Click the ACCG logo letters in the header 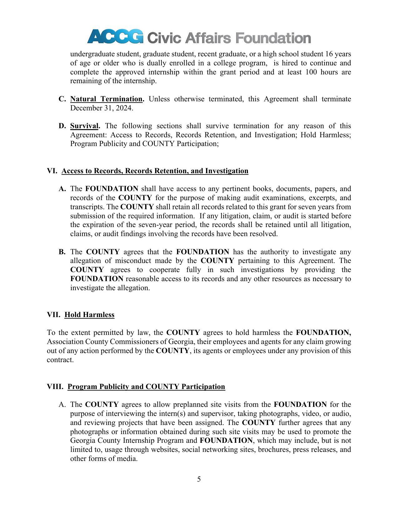pyautogui.click(x=115, y=37)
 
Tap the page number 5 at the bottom pyautogui.click(x=199, y=479)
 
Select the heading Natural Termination pyautogui.click(x=106, y=99)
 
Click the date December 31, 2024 pyautogui.click(x=101, y=108)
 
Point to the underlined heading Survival pyautogui.click(x=84, y=126)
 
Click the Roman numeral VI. pyautogui.click(x=52, y=171)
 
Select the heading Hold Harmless pyautogui.click(x=89, y=315)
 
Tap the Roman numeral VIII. pyautogui.click(x=55, y=387)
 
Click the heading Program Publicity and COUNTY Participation pyautogui.click(x=146, y=387)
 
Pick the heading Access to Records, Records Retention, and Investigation pyautogui.click(x=155, y=171)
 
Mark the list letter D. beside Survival pyautogui.click(x=62, y=126)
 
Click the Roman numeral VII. pyautogui.click(x=53, y=315)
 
